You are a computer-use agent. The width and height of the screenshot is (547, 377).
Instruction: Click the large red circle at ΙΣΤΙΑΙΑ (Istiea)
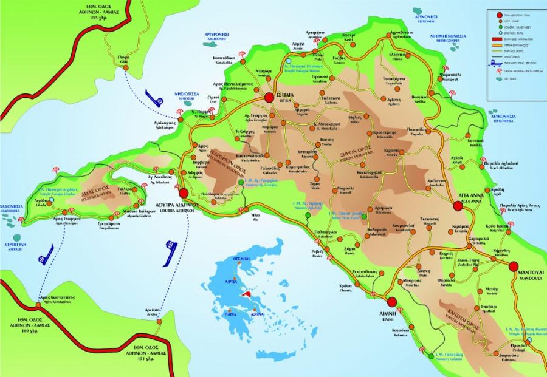(268, 99)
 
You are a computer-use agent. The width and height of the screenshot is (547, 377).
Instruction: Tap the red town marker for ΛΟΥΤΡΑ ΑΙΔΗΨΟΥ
(184, 193)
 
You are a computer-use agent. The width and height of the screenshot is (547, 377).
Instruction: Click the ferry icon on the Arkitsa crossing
(171, 248)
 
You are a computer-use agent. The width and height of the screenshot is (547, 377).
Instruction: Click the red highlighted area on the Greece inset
(247, 294)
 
